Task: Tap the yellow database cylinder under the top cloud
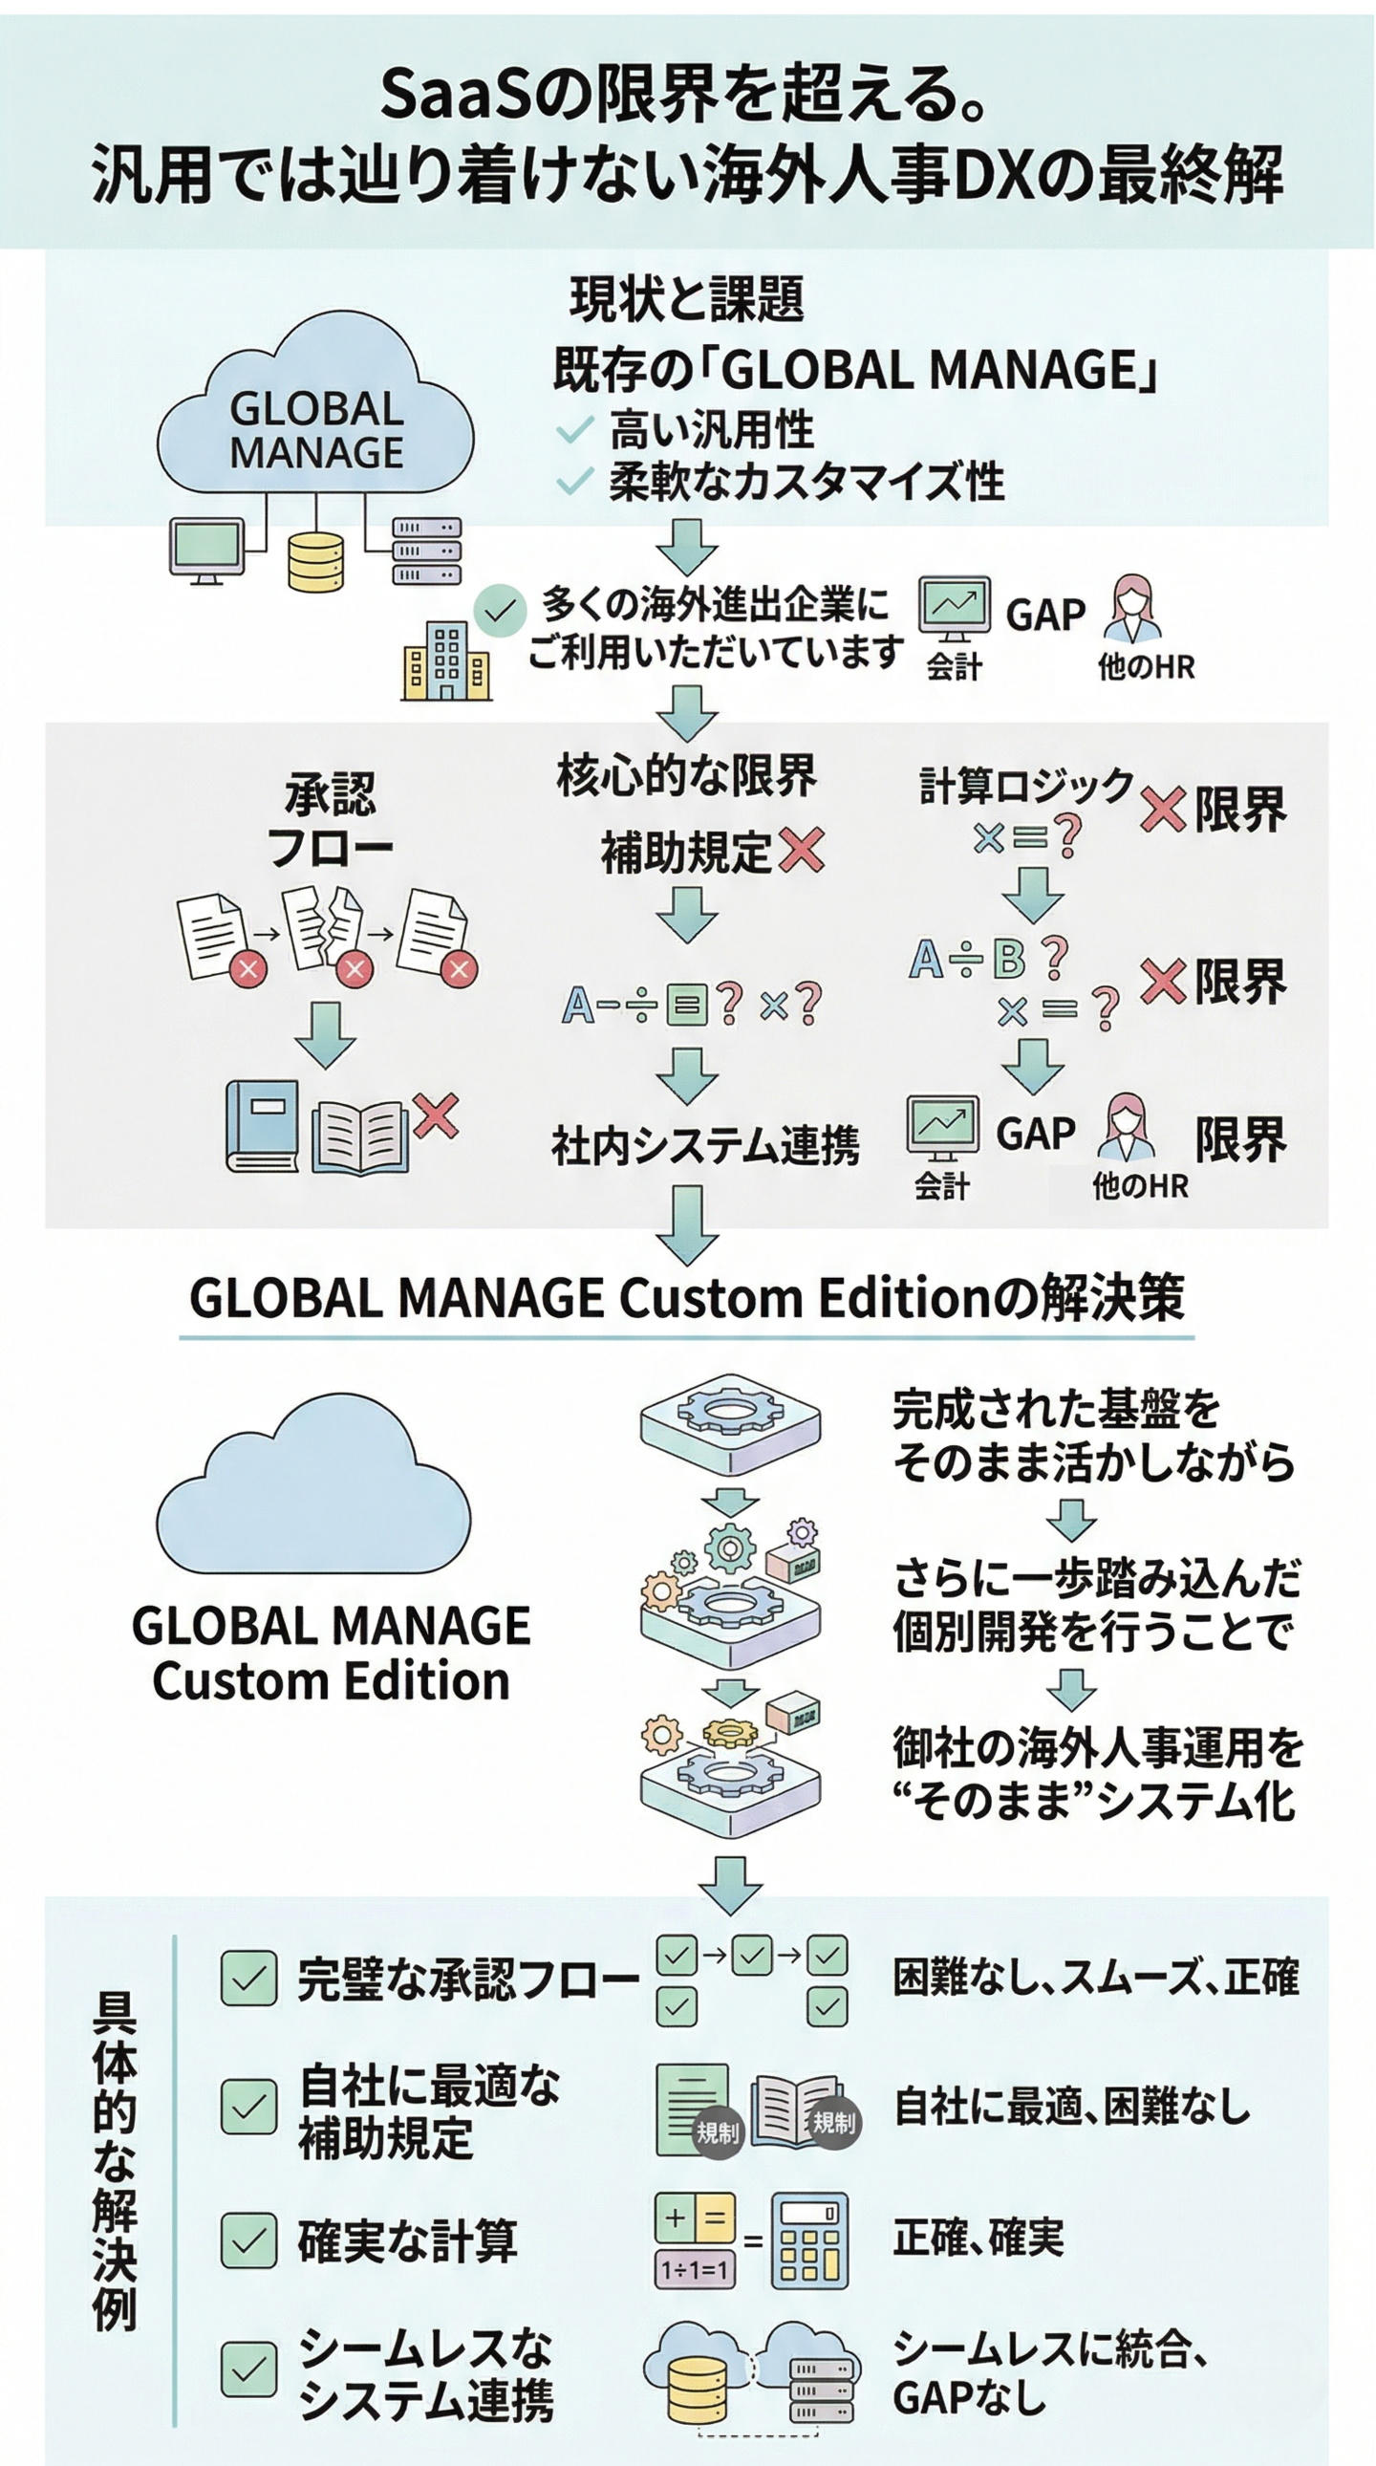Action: click(x=315, y=562)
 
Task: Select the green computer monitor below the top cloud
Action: click(x=206, y=550)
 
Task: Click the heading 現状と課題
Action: click(x=686, y=298)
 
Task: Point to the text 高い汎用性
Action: click(x=712, y=430)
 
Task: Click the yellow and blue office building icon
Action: click(x=446, y=660)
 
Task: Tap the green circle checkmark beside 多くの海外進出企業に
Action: click(x=501, y=610)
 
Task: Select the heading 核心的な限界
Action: click(x=686, y=775)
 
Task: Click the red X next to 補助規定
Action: click(x=802, y=850)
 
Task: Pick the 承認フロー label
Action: click(x=330, y=820)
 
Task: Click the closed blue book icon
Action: click(x=262, y=1126)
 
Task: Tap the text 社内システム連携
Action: click(x=705, y=1145)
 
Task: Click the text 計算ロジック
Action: click(x=1026, y=786)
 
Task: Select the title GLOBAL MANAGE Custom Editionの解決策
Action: click(x=686, y=1298)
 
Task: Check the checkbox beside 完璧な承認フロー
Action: click(x=248, y=1979)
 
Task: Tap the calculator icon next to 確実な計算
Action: click(x=809, y=2241)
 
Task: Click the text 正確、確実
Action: click(x=978, y=2239)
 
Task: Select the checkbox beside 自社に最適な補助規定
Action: click(x=248, y=2107)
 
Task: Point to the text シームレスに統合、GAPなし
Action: click(x=1050, y=2372)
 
